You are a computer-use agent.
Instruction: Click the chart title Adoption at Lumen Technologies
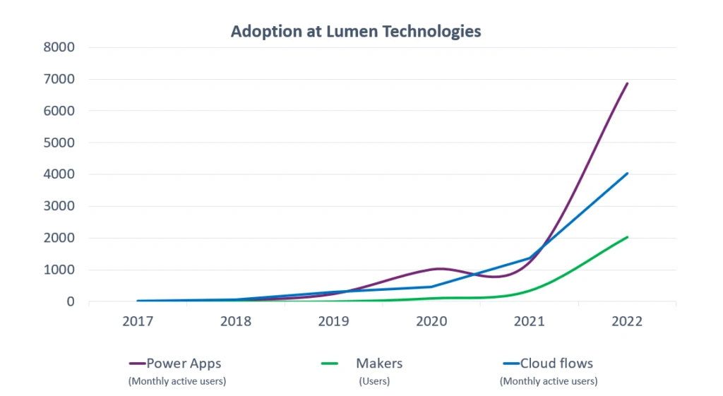356,32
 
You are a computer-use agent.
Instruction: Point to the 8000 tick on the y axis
61,47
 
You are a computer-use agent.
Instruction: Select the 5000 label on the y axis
61,143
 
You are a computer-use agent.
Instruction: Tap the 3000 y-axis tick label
61,206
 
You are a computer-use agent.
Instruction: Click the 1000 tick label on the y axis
61,270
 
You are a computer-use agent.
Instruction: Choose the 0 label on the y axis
71,301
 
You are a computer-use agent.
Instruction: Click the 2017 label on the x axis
138,321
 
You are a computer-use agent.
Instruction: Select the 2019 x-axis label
333,321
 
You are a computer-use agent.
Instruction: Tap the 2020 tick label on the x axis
431,321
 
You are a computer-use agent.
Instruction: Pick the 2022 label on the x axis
626,321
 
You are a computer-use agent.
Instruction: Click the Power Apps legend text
184,364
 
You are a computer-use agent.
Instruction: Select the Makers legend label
379,364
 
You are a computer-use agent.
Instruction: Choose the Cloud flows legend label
556,364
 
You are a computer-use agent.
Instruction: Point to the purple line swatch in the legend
137,364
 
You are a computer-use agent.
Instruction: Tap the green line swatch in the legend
331,364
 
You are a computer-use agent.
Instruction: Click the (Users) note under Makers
374,381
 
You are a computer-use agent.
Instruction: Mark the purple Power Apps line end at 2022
627,83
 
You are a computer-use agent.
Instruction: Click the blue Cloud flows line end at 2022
627,173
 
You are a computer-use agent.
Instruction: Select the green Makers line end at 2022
627,237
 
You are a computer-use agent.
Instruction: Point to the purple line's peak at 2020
438,268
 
